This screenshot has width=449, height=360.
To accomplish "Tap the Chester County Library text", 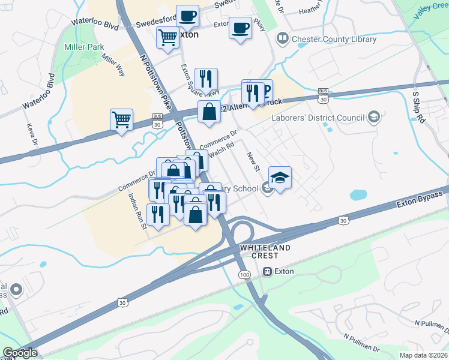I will [334, 40].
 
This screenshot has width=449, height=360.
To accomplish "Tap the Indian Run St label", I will [136, 211].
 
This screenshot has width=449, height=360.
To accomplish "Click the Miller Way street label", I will [113, 64].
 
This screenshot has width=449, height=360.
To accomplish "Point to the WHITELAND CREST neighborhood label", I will [265, 251].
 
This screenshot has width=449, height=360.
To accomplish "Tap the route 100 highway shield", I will [244, 274].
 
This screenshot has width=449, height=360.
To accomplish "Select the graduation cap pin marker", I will [280, 178].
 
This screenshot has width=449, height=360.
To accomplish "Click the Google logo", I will [20, 353].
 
